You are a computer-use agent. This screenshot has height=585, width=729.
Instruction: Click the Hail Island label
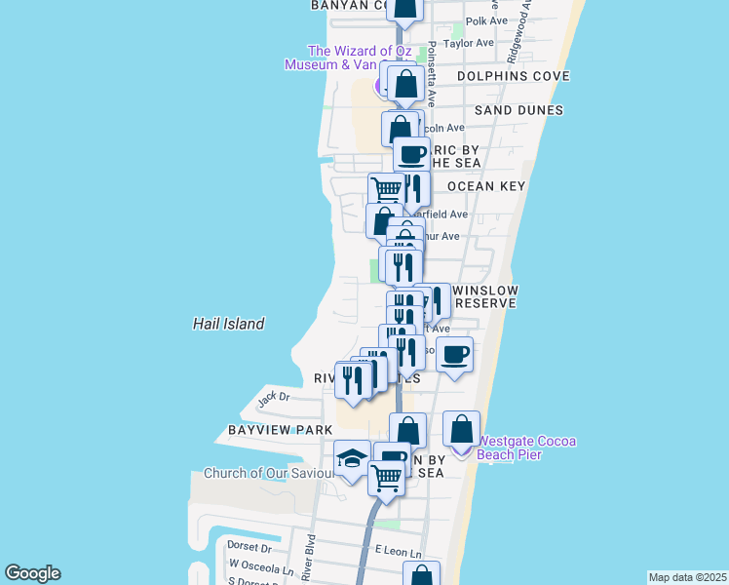[x=228, y=324]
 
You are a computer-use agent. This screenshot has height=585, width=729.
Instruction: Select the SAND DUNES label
[x=518, y=110]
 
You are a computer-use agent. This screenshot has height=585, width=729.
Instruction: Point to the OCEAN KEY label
[x=486, y=185]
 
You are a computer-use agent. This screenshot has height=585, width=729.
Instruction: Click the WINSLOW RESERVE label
[x=484, y=297]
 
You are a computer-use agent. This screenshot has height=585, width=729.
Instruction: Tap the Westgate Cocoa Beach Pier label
[x=525, y=448]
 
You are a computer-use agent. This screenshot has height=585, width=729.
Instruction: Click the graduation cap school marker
[x=352, y=457]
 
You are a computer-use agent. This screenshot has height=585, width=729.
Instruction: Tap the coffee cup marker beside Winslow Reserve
[x=454, y=353]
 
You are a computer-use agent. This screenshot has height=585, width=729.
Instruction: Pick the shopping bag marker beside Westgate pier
[x=462, y=428]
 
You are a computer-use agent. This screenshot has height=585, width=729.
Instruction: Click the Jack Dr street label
[x=274, y=397]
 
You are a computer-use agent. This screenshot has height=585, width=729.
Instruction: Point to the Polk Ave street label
[x=487, y=20]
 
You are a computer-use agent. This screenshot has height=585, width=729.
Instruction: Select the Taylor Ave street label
[x=468, y=44]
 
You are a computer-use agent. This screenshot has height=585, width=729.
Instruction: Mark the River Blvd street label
[x=309, y=556]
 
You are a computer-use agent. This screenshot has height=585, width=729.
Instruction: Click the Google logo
[x=32, y=573]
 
